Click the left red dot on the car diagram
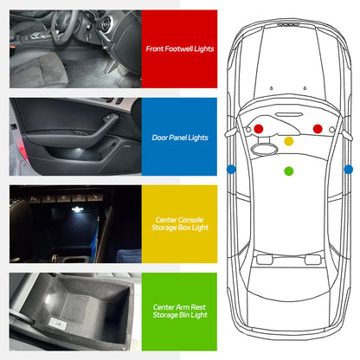coord(258,129)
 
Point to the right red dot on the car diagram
coord(318,129)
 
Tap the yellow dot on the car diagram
coord(289,141)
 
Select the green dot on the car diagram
coord(288,170)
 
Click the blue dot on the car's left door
coord(231,169)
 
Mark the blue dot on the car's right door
coord(347,169)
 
